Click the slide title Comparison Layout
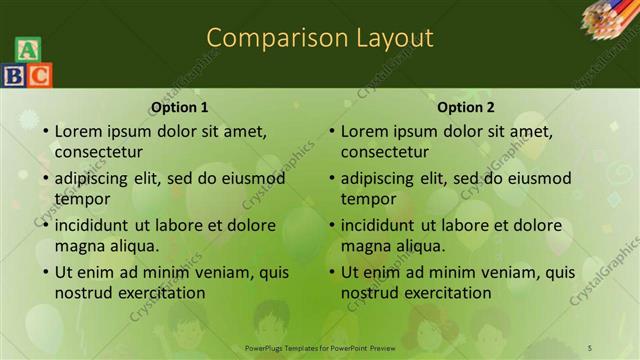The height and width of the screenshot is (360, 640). pyautogui.click(x=320, y=38)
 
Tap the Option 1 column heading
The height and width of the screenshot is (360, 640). pyautogui.click(x=180, y=107)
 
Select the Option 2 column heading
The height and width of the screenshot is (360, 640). pyautogui.click(x=466, y=107)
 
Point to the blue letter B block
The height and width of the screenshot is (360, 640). pyautogui.click(x=14, y=75)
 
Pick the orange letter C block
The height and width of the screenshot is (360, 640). pyautogui.click(x=39, y=75)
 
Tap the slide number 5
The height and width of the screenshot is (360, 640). pyautogui.click(x=589, y=347)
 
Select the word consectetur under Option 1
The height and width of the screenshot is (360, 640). pyautogui.click(x=98, y=152)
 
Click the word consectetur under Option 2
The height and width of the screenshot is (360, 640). pyautogui.click(x=384, y=152)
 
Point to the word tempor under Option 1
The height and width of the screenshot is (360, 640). pyautogui.click(x=82, y=199)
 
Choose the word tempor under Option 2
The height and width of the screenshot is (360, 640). pyautogui.click(x=368, y=199)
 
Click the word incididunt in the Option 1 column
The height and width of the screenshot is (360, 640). pyautogui.click(x=94, y=225)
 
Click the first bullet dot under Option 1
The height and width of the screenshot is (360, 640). pyautogui.click(x=45, y=131)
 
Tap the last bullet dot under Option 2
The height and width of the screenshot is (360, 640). pyautogui.click(x=331, y=272)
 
